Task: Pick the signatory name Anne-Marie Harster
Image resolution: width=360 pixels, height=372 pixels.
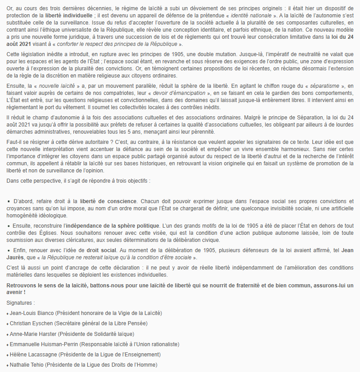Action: point(34,334)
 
